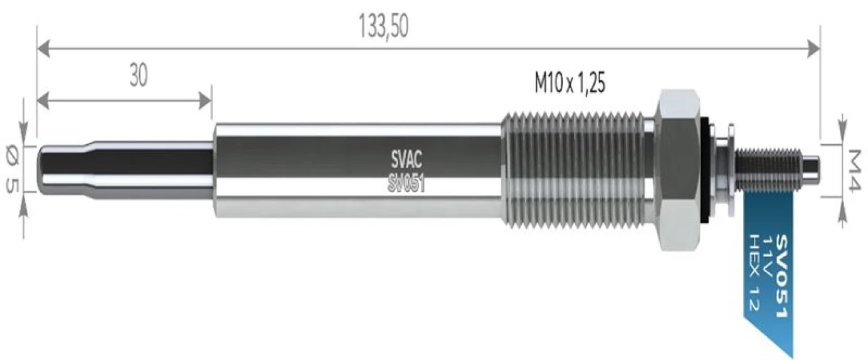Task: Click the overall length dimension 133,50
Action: (384, 26)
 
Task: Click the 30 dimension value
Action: (139, 75)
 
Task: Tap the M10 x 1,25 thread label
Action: (569, 83)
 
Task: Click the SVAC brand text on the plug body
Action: (406, 159)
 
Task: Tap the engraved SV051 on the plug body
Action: (406, 183)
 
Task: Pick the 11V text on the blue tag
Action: (767, 255)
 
